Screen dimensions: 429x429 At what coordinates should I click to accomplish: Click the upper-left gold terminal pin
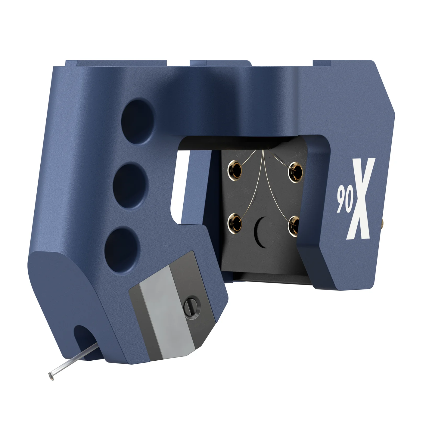[x=235, y=170]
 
